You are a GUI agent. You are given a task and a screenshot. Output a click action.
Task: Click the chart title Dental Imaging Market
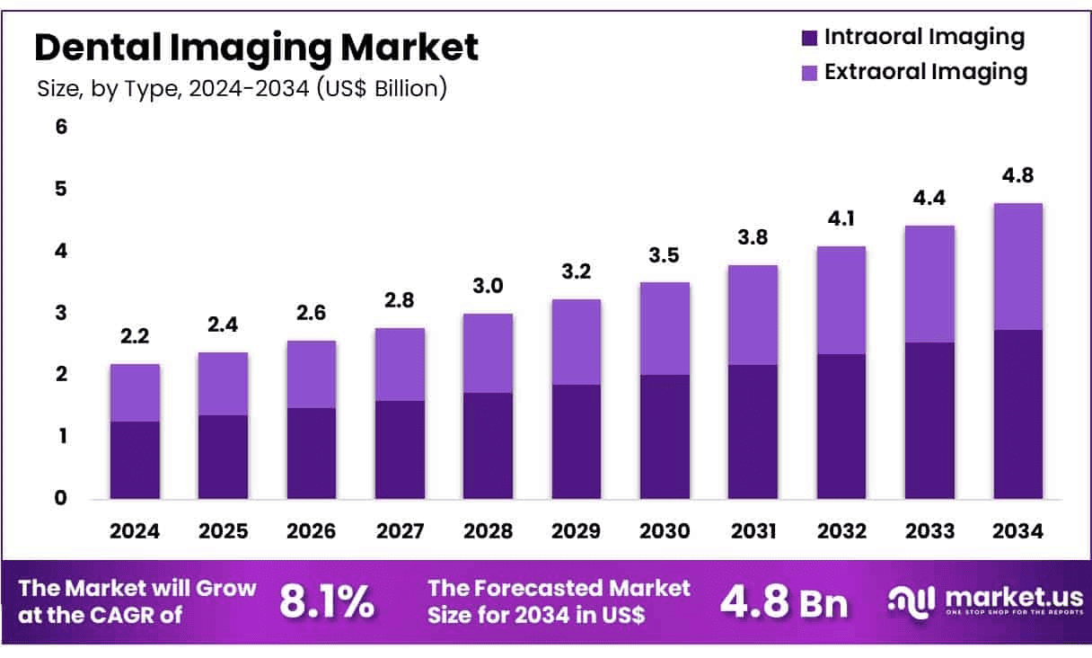(256, 47)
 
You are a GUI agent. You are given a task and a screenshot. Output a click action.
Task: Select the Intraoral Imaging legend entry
(912, 38)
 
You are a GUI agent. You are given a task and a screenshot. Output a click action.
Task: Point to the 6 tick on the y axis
(61, 127)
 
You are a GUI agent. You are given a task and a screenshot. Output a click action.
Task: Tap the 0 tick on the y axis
(61, 498)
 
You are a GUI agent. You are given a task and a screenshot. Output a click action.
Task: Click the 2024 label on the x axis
(135, 531)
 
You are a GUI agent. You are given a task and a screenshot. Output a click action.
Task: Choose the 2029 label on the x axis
(577, 531)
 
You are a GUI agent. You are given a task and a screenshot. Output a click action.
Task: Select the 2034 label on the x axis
(1018, 531)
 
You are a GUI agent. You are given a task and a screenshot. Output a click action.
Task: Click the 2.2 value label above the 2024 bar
(135, 336)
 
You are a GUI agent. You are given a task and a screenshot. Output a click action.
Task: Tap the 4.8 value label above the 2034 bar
(1018, 175)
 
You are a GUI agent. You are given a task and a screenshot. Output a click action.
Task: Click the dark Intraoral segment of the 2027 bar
(400, 449)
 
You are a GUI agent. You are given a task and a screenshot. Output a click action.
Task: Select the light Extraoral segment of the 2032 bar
(841, 300)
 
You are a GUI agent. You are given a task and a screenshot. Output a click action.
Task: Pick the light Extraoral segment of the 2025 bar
(223, 384)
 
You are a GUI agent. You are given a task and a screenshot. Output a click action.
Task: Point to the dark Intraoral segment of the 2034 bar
(1018, 414)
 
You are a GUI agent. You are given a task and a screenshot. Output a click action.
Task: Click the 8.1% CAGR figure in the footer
(327, 602)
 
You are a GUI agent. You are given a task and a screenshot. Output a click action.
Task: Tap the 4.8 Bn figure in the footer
(784, 602)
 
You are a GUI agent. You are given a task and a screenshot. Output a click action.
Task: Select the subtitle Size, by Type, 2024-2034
(242, 89)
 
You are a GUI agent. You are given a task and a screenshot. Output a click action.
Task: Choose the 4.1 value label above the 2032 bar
(841, 218)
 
